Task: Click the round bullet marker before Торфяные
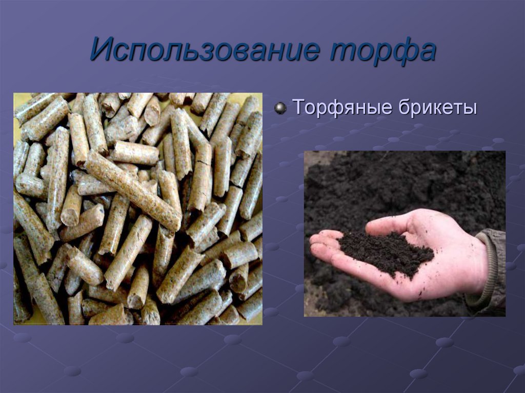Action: point(280,108)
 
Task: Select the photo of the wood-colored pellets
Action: point(137,209)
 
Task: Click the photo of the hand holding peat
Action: point(405,234)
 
